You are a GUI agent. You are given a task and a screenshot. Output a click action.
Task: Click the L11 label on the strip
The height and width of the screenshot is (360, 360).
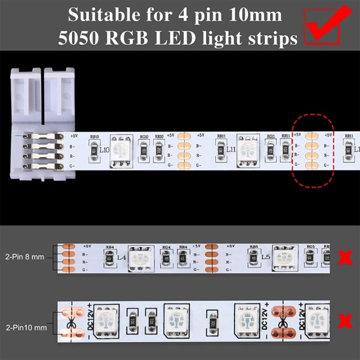click(230, 149)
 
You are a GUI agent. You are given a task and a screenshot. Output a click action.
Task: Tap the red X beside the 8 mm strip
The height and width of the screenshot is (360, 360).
click(344, 258)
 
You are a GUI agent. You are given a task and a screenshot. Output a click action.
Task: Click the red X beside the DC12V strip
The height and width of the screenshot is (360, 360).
click(344, 320)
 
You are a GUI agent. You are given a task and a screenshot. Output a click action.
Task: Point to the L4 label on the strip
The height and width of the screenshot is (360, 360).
click(121, 258)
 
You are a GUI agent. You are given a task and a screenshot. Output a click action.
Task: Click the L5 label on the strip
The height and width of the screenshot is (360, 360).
click(266, 258)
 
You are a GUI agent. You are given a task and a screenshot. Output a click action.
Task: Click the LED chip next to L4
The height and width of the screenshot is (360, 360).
click(139, 258)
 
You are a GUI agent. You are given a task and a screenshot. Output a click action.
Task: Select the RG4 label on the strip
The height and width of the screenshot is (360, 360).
click(166, 247)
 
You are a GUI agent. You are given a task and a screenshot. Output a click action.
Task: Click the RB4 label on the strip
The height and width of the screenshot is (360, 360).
click(110, 247)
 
